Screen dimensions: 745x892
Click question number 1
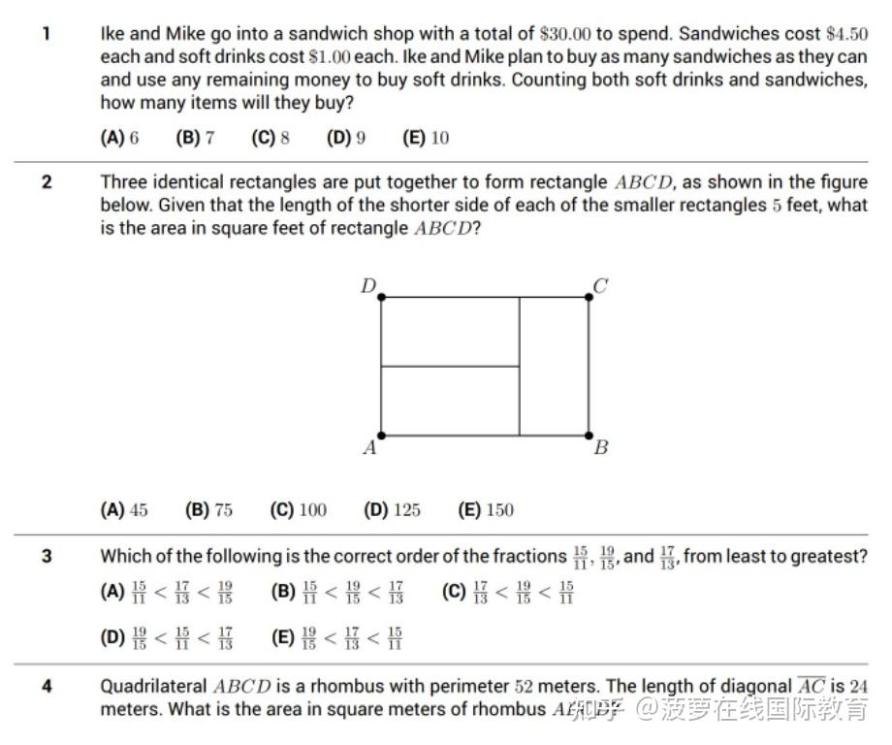pos(46,33)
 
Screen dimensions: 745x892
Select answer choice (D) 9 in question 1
pos(346,138)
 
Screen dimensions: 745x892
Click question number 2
pos(46,182)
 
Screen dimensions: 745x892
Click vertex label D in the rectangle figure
pos(368,285)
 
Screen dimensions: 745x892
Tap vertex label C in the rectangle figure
pos(600,285)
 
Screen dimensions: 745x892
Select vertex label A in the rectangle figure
pos(368,448)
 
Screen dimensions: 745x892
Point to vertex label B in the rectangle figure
pos(600,448)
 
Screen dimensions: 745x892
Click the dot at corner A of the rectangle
pos(381,436)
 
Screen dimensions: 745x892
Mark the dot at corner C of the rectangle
pos(589,297)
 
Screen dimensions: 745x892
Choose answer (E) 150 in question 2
pos(486,510)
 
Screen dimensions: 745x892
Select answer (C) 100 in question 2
pos(299,510)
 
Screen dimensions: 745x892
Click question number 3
pos(46,557)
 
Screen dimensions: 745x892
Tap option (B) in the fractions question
pos(337,592)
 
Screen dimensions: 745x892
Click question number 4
pos(46,687)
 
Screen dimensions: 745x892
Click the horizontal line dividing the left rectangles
pos(450,367)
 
